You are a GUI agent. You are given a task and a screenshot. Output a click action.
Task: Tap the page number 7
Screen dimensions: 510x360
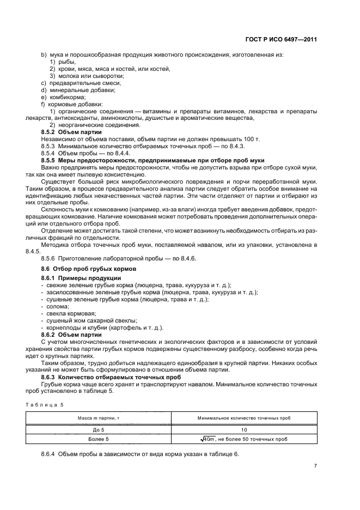click(x=315, y=466)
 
